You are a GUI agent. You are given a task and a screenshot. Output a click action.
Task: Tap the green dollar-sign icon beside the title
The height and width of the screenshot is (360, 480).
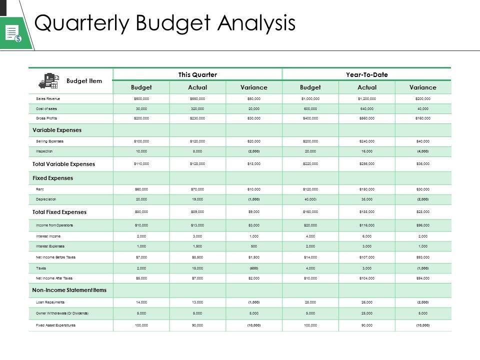click(x=12, y=33)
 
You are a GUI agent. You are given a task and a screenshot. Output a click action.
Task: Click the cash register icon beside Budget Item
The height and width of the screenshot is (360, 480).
click(x=48, y=80)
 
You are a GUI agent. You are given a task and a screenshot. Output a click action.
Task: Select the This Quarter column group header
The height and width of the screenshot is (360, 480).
click(x=197, y=74)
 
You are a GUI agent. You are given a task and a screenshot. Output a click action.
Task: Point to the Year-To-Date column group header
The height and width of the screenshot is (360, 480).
click(x=366, y=74)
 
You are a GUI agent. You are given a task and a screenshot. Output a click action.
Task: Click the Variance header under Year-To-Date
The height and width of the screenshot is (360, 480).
click(x=422, y=87)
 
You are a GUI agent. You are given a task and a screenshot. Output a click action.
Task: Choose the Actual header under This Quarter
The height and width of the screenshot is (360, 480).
click(x=197, y=87)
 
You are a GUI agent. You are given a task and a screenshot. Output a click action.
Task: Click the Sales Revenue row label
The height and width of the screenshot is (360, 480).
click(x=48, y=99)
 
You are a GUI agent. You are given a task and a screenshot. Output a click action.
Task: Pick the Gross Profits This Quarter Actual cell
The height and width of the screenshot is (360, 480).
click(x=197, y=118)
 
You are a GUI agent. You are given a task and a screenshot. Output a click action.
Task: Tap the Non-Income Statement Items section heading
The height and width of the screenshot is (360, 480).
click(x=69, y=290)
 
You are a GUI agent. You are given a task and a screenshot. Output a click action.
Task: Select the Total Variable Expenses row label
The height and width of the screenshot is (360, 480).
click(x=63, y=164)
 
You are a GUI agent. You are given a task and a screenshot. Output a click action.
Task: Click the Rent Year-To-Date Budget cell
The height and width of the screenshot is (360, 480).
click(x=310, y=189)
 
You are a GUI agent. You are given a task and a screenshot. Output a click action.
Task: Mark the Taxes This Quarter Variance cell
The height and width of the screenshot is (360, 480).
click(x=254, y=268)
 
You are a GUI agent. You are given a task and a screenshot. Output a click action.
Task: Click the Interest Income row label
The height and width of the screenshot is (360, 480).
click(x=48, y=235)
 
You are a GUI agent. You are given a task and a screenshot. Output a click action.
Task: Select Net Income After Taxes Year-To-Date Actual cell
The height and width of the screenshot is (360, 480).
click(x=366, y=278)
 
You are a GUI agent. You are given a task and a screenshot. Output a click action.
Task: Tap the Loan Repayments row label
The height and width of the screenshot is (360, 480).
click(x=51, y=302)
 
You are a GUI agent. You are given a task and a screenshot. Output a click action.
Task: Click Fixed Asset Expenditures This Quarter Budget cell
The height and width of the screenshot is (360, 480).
click(x=141, y=325)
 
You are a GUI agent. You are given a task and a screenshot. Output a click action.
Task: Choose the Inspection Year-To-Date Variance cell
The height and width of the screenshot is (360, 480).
click(x=422, y=150)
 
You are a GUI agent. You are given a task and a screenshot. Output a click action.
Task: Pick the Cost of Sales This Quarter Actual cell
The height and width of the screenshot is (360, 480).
click(x=197, y=108)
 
